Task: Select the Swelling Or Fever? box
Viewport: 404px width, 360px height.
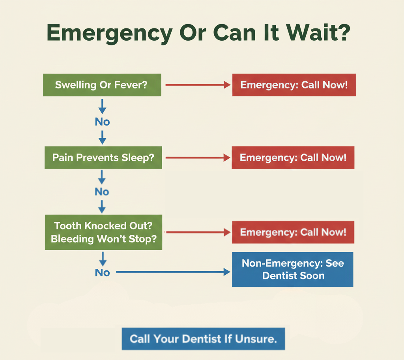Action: point(102,85)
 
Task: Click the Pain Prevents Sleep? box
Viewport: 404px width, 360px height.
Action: point(103,157)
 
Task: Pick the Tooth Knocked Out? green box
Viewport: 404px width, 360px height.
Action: point(103,232)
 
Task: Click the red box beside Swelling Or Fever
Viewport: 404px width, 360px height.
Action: point(294,85)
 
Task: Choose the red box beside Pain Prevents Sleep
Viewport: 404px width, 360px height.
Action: point(293,157)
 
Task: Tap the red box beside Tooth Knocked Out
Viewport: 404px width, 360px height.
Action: point(293,232)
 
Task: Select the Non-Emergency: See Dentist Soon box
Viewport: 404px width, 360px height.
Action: point(293,270)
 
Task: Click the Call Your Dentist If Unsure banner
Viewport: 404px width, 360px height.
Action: point(203,339)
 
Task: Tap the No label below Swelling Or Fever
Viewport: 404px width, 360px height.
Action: point(102,122)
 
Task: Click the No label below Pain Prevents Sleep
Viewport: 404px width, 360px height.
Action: point(102,192)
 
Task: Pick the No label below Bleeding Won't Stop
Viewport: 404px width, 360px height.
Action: point(102,272)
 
